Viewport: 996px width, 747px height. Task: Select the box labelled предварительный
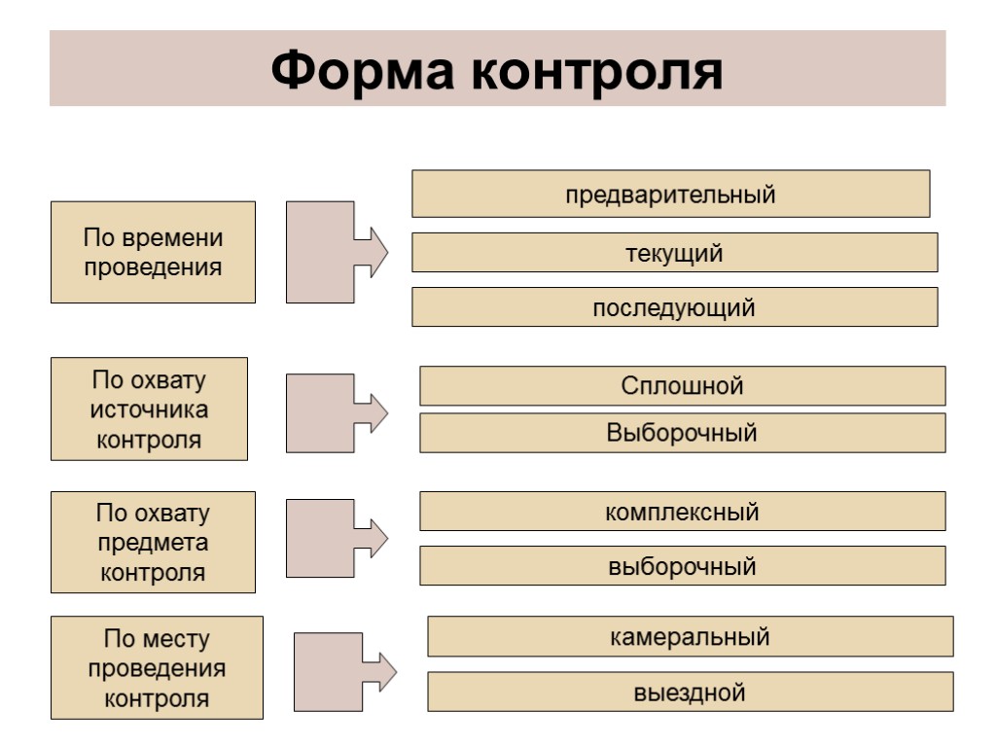point(671,195)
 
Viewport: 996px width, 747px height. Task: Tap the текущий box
point(674,253)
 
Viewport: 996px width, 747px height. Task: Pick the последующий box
point(674,307)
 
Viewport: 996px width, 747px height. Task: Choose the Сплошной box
point(682,386)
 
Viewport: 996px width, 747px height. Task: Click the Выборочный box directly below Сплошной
point(682,433)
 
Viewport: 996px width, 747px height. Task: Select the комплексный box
point(682,512)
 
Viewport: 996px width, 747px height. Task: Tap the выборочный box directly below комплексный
point(682,565)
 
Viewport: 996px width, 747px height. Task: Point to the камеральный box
point(690,637)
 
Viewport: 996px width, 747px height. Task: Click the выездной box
point(690,692)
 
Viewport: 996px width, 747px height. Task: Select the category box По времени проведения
point(153,252)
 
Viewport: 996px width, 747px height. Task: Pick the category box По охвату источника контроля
point(149,409)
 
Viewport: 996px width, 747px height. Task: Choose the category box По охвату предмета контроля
point(153,542)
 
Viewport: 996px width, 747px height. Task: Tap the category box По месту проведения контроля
point(157,668)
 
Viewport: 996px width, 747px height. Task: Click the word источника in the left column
point(149,409)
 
